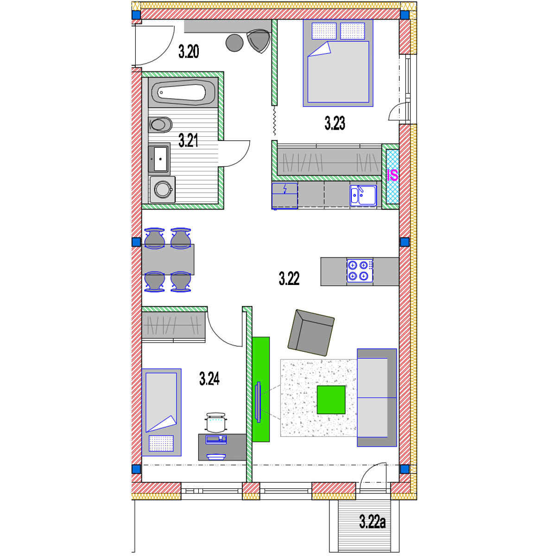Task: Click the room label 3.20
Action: click(189, 51)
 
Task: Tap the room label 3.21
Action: click(188, 140)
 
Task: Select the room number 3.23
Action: click(335, 123)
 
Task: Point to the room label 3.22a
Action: click(373, 522)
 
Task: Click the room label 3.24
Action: click(209, 379)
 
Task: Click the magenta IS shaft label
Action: click(392, 176)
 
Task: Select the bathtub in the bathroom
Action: click(183, 93)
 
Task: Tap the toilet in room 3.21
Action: click(160, 124)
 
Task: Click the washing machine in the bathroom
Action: click(162, 189)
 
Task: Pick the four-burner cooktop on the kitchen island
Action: click(360, 271)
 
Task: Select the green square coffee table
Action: click(331, 399)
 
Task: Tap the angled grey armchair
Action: click(311, 332)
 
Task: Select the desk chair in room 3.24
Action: click(216, 423)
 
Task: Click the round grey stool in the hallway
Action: click(234, 43)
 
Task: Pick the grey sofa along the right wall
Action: click(377, 397)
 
